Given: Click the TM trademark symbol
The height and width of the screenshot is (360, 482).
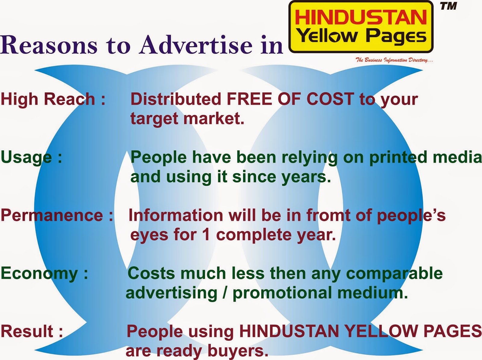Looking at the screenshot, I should tap(449, 6).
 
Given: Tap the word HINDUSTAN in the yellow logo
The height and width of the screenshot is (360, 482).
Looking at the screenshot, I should tap(361, 17).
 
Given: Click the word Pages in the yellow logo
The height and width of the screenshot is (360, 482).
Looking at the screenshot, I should tap(396, 37).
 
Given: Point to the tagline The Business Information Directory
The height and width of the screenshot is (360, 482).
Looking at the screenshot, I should tap(394, 60).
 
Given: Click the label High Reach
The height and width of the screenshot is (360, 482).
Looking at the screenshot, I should tap(48, 99).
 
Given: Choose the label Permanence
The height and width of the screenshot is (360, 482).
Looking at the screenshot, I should tap(52, 216).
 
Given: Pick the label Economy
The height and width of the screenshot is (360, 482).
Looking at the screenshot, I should tap(39, 274).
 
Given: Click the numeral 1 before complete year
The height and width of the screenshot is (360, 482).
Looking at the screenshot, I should tap(206, 235).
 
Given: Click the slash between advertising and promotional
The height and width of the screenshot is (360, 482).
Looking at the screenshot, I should tap(225, 293).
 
